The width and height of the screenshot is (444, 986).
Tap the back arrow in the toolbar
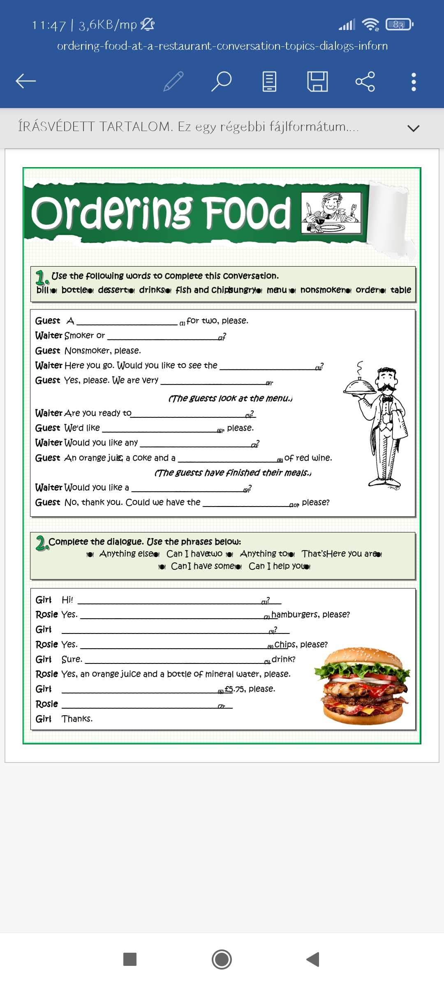pos(26,81)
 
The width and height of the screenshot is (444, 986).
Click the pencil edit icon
pos(173,81)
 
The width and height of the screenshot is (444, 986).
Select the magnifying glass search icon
pos(222,81)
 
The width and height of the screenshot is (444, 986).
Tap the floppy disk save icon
pos(317,81)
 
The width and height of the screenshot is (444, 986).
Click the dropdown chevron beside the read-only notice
pos(413,128)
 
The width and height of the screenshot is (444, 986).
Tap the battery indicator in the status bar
pos(399,25)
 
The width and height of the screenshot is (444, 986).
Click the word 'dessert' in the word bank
pos(113,290)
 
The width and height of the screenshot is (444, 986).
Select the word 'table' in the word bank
pos(400,290)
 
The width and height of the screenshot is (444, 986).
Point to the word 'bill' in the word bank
pos(42,290)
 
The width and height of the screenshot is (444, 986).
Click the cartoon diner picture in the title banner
pos(331,212)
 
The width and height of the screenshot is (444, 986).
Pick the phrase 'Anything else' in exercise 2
pos(126,554)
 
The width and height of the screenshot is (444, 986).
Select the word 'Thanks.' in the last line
pos(77,719)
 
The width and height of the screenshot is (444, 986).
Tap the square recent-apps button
pos(130,959)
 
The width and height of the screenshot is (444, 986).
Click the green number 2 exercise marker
pos(41,543)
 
